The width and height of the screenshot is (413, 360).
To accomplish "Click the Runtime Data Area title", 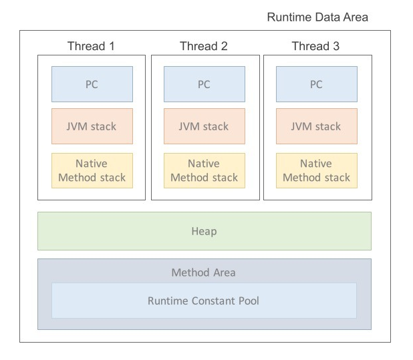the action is click(317, 17).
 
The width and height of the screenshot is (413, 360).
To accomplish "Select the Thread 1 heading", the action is click(91, 46).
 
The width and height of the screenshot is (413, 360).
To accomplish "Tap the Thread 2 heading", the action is click(204, 46).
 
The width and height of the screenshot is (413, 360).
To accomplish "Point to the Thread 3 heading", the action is click(315, 46).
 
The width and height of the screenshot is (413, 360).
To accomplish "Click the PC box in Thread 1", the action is click(92, 84).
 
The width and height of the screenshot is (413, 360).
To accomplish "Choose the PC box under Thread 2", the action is click(204, 84).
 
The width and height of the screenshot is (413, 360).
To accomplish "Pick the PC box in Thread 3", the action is click(317, 84).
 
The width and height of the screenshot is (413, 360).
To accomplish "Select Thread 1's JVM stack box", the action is click(92, 126).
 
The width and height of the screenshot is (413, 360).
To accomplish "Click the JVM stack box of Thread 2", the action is click(204, 126).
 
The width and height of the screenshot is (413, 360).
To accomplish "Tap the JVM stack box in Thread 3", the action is click(317, 126).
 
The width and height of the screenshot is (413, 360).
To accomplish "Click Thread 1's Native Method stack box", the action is click(92, 170).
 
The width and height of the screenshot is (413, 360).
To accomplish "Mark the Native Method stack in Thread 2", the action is click(204, 170).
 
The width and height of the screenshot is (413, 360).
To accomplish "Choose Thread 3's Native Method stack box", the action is click(317, 170).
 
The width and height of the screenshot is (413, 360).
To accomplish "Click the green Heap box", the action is click(204, 231).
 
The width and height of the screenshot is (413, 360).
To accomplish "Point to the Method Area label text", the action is click(203, 273).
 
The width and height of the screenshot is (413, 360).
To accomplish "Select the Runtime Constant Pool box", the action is click(204, 301).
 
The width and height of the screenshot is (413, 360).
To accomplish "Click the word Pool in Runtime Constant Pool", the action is click(249, 301).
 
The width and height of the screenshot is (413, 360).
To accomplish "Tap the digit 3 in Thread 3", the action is click(336, 46).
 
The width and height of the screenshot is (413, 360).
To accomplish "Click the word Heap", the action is click(204, 232).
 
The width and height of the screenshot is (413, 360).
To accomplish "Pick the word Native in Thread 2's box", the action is click(204, 164).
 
